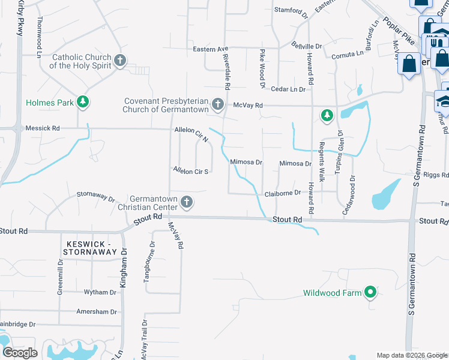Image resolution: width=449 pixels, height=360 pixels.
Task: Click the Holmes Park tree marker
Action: tap(83, 103)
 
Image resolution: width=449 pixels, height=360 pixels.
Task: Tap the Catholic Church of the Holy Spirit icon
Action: tap(120, 60)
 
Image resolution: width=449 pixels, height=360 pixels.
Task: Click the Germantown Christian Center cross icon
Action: tap(187, 202)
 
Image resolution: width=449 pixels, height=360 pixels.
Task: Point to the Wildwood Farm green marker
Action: tap(371, 293)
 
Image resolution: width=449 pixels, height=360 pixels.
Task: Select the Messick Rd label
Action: tap(43, 128)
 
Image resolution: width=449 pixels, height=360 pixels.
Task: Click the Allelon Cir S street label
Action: tap(190, 172)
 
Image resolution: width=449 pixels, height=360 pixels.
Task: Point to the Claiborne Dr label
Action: tap(282, 194)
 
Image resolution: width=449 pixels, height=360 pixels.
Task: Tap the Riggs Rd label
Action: tap(436, 175)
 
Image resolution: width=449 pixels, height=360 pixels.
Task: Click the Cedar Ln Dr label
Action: tap(288, 89)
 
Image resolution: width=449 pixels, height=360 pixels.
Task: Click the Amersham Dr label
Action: tap(96, 312)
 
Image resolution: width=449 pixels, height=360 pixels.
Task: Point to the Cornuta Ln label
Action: tap(348, 54)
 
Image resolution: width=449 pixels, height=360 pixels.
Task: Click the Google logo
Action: tap(20, 353)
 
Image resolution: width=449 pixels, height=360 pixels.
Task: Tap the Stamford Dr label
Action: tap(291, 10)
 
